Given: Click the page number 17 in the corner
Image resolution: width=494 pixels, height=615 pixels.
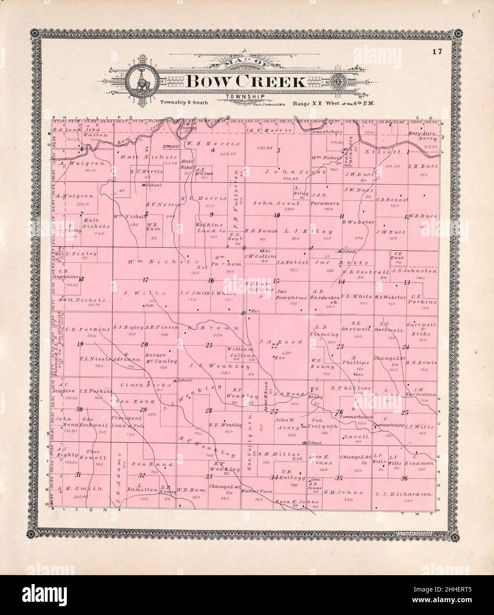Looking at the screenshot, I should pos(438,52).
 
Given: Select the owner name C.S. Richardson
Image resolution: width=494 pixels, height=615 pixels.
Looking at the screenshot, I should pos(403,495).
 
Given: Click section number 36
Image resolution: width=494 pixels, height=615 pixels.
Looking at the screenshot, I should pos(404,478).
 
